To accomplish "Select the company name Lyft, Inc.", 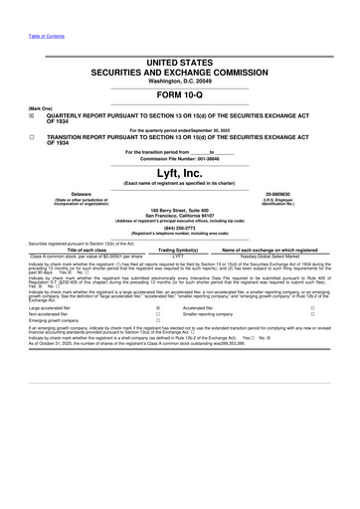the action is [x=180, y=171].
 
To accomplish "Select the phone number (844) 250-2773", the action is [x=180, y=227].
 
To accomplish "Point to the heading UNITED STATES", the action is [x=180, y=35].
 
